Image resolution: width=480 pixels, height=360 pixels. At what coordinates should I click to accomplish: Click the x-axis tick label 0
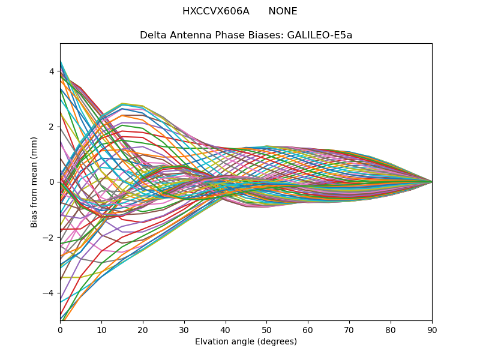(x=60, y=329)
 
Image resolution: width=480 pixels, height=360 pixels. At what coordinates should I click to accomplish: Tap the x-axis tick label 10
(x=101, y=329)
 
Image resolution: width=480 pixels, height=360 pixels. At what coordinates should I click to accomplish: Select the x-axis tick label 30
(x=184, y=329)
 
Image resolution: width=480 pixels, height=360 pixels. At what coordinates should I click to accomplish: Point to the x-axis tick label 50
(x=266, y=329)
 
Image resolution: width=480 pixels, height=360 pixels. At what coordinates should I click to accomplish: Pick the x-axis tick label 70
(x=349, y=329)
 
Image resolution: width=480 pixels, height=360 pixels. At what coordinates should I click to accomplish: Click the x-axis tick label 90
(x=432, y=329)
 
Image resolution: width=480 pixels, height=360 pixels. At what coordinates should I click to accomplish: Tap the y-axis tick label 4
(x=52, y=71)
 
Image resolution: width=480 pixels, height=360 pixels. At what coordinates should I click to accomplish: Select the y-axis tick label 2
(x=52, y=127)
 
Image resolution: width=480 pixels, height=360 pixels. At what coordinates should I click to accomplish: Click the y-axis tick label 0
(x=52, y=182)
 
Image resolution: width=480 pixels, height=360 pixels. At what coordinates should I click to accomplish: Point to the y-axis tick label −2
(x=49, y=237)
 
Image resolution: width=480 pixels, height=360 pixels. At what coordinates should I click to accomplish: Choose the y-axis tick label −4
(x=49, y=293)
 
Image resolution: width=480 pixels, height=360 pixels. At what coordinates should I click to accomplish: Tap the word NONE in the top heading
(x=283, y=11)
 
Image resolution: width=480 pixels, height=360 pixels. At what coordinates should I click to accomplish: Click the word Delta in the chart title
(x=152, y=35)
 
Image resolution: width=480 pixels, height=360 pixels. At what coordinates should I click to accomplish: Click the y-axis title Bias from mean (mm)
(x=34, y=182)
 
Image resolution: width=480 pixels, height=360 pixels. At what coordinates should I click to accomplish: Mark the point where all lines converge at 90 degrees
(x=432, y=182)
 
